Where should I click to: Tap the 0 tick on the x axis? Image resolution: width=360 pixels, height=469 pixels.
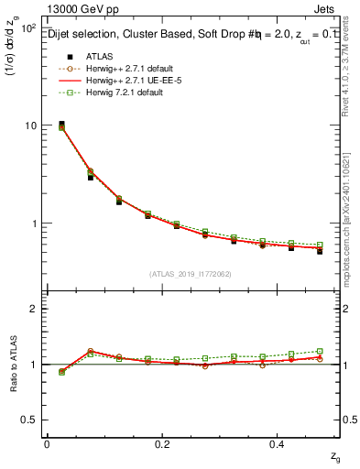(x=47, y=444)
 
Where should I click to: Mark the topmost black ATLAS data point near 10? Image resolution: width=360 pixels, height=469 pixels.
(x=61, y=124)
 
